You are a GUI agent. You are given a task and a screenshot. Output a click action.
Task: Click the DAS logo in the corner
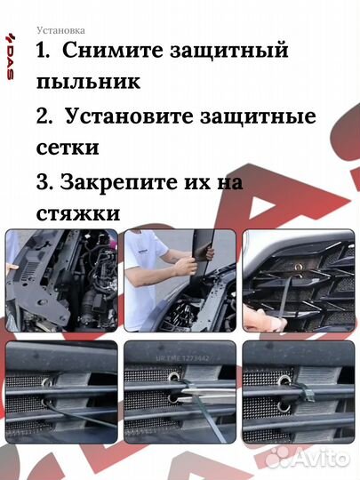tap(12, 59)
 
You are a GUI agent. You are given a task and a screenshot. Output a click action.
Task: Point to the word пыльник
tap(88, 82)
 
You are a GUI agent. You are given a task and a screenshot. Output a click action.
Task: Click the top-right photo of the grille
tap(298, 281)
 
